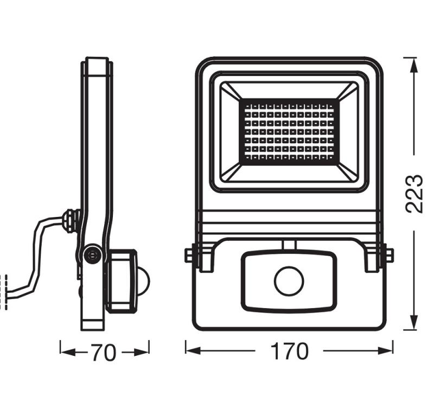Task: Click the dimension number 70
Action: coord(103,353)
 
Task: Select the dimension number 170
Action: coord(289,351)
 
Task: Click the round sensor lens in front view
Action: coord(289,281)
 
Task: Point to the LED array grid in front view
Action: coord(289,132)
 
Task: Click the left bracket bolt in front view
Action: coord(189,254)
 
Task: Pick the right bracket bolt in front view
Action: coord(389,254)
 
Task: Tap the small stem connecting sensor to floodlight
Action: coord(289,245)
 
